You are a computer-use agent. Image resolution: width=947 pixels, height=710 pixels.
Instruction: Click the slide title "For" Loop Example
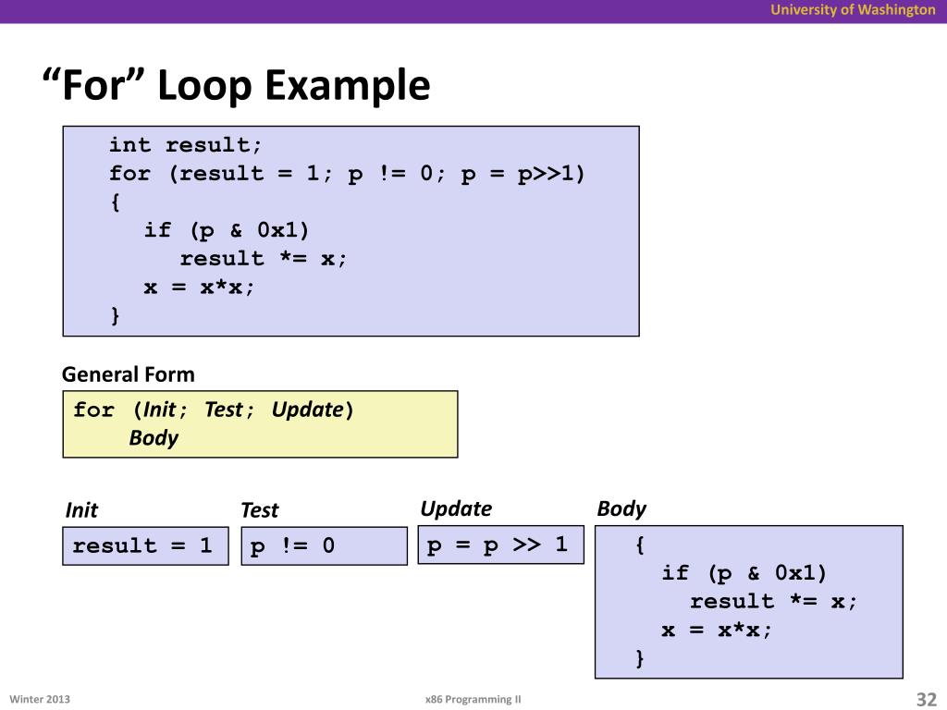[237, 87]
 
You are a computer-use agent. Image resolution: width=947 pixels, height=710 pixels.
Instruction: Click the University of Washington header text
[854, 10]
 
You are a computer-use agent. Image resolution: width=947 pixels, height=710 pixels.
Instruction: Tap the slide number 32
[926, 699]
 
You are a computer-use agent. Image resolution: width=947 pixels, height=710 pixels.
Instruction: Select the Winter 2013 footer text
[40, 699]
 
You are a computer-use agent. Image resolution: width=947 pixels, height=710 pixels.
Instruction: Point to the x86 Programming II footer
[467, 700]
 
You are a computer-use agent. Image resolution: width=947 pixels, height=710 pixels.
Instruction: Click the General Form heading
[129, 374]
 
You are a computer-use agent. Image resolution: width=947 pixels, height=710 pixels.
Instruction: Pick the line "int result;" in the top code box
[186, 145]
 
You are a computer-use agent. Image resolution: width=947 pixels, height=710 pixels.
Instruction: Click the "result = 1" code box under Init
[144, 545]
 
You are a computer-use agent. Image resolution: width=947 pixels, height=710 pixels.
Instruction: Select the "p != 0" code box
[324, 545]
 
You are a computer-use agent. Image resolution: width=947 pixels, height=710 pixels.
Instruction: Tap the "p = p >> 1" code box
[499, 545]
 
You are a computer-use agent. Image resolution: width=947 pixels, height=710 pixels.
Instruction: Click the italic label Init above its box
[81, 510]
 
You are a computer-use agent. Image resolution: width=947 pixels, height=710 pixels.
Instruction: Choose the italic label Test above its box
[259, 510]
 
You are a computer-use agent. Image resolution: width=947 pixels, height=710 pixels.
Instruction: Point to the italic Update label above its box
[456, 508]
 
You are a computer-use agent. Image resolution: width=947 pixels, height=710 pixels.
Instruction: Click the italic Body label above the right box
[621, 508]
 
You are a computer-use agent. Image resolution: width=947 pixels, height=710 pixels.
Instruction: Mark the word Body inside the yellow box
[154, 438]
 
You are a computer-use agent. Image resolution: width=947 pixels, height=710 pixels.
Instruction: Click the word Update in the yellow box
[307, 410]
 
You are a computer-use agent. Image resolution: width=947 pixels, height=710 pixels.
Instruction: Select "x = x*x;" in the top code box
[199, 287]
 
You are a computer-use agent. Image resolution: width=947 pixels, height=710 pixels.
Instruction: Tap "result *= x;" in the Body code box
[774, 601]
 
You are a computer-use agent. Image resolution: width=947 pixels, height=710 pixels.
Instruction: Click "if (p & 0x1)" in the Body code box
[744, 573]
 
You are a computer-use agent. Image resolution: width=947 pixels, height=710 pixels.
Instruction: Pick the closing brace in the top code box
[115, 315]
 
